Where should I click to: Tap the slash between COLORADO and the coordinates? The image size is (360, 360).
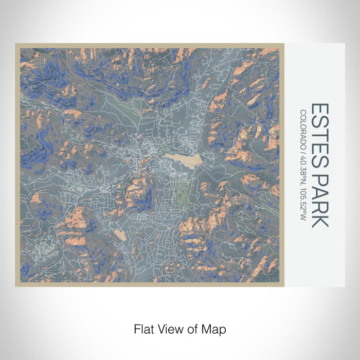(304, 150)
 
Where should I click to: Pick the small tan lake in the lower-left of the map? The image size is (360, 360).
(120, 235)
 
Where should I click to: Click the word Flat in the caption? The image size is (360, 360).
(145, 328)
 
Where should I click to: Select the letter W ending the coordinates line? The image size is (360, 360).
(304, 219)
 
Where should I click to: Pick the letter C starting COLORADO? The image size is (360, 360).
(304, 113)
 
